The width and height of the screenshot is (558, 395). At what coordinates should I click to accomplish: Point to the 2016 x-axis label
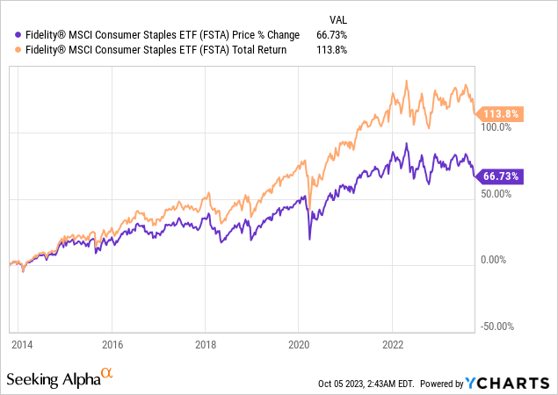[112, 345]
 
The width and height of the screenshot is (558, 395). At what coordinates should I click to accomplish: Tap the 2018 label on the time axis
[206, 345]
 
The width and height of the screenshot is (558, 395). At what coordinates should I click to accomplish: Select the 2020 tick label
[299, 345]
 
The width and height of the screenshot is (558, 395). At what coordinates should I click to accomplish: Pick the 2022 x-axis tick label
[393, 345]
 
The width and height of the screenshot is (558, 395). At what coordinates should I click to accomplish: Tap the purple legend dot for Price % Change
[9, 34]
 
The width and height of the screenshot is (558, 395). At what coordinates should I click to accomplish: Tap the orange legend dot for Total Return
[9, 49]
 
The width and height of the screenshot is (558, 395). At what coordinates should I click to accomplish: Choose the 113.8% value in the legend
[334, 49]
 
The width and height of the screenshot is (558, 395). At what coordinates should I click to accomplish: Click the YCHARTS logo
[508, 383]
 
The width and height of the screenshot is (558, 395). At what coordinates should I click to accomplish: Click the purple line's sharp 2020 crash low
[309, 237]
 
